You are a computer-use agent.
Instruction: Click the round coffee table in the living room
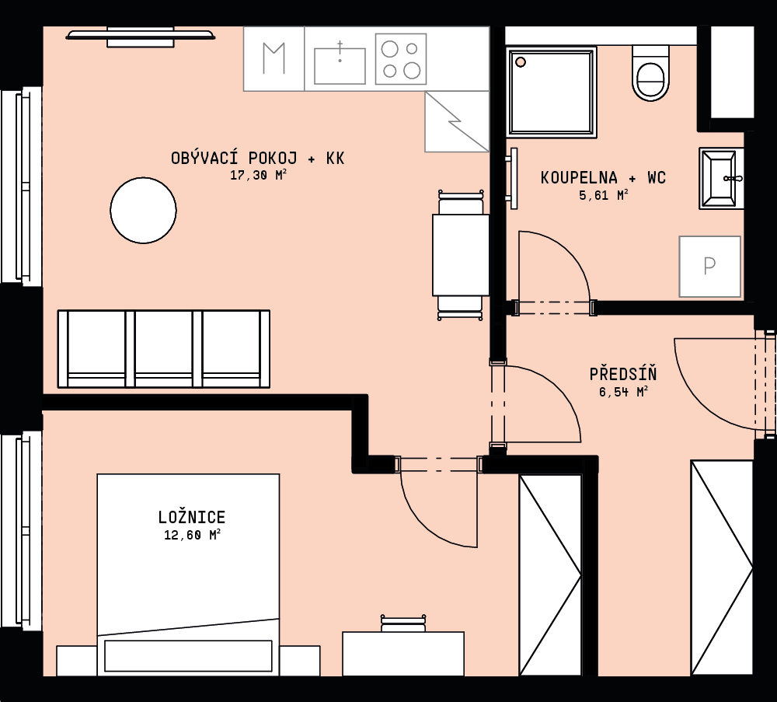(143, 210)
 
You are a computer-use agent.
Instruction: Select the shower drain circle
(521, 62)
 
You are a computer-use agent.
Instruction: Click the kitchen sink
(340, 65)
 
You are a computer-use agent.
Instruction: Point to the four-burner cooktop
(401, 59)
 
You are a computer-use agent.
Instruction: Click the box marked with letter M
(274, 59)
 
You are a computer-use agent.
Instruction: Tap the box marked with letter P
(709, 267)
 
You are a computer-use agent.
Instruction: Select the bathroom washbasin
(721, 178)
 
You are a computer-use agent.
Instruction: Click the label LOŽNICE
(192, 517)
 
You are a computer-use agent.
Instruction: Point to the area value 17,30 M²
(258, 175)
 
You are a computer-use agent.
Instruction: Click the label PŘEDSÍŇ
(623, 373)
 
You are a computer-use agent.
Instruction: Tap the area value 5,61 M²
(604, 195)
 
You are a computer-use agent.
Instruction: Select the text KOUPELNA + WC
(603, 177)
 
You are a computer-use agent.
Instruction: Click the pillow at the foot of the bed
(188, 655)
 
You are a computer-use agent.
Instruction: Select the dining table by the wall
(461, 255)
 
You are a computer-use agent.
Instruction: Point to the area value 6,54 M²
(623, 392)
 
